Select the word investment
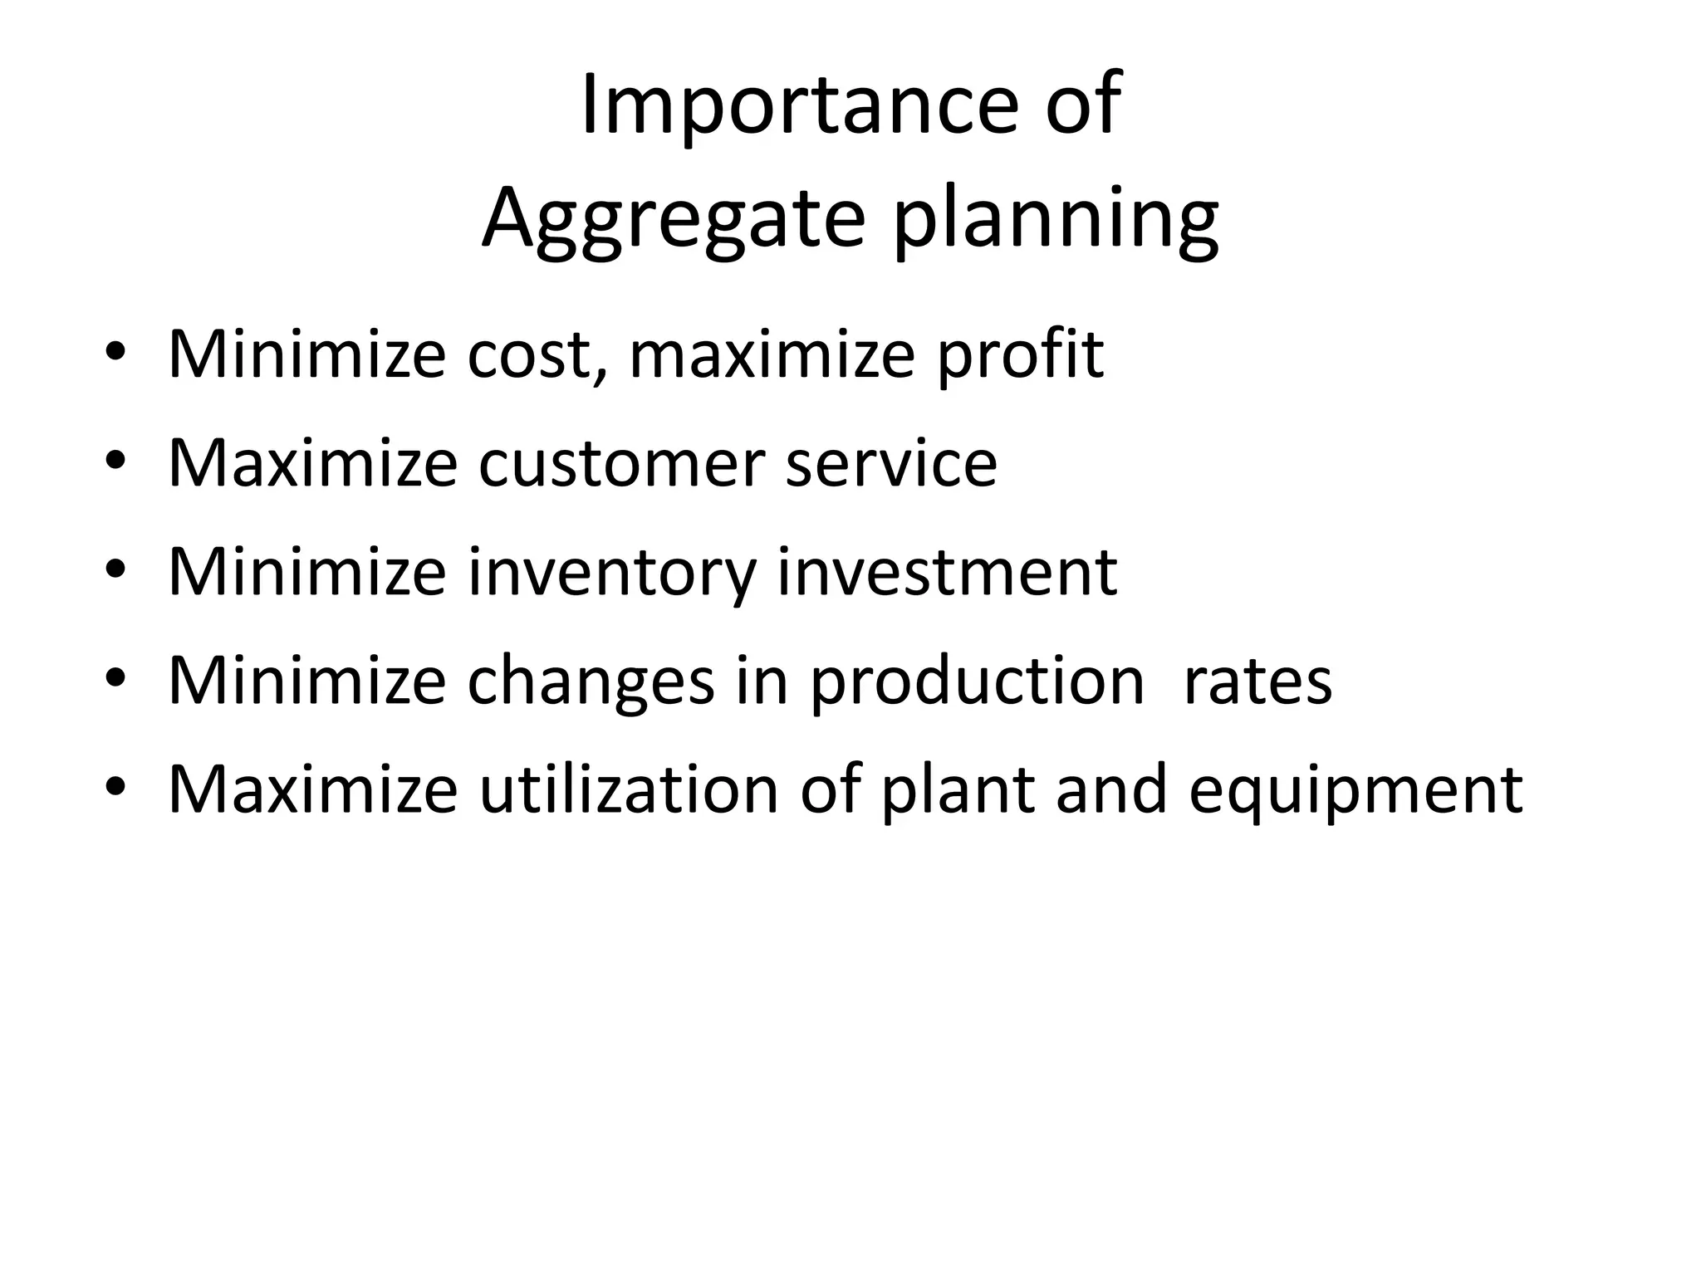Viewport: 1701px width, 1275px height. pyautogui.click(x=947, y=572)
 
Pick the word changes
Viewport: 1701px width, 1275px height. pyautogui.click(x=591, y=681)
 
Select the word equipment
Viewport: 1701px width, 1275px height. pyautogui.click(x=1355, y=790)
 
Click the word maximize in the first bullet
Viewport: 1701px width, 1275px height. pyautogui.click(x=773, y=354)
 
